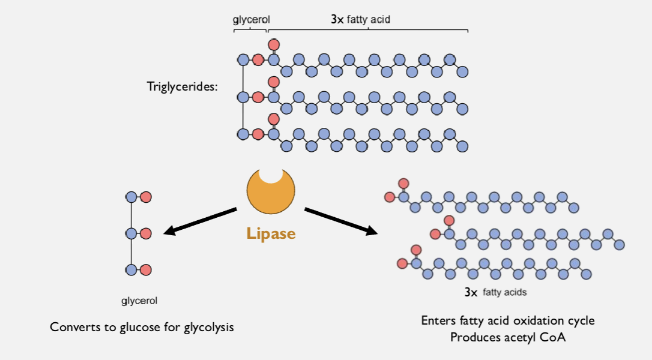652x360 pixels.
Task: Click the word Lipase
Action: click(x=271, y=233)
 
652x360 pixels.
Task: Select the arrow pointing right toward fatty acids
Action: click(x=341, y=221)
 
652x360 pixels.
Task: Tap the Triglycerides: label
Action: click(x=182, y=86)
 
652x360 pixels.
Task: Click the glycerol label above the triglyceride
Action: click(x=251, y=20)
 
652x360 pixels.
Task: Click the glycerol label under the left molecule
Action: click(x=139, y=301)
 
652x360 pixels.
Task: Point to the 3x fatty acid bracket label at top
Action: click(x=360, y=20)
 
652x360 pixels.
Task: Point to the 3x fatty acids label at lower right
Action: click(x=495, y=293)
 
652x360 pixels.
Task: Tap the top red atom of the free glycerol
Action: click(x=145, y=197)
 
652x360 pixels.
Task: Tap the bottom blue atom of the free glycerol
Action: click(x=131, y=270)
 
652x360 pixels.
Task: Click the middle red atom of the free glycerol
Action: click(x=145, y=233)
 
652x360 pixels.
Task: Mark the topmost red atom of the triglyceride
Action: click(x=273, y=44)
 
